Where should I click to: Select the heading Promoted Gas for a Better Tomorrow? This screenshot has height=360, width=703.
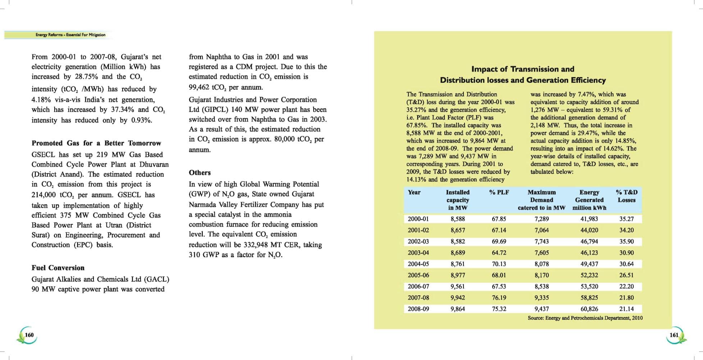[96, 143]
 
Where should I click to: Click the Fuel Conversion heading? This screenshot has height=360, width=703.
[58, 268]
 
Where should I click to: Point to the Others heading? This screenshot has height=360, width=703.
[200, 173]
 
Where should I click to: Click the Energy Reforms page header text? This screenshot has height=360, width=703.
[70, 35]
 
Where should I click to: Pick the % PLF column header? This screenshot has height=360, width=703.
[499, 192]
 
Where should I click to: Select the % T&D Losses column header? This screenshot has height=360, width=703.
[626, 196]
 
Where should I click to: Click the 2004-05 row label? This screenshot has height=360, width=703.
[418, 264]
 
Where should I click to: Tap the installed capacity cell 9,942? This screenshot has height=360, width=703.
[457, 298]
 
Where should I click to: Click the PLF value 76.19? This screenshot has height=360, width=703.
[499, 298]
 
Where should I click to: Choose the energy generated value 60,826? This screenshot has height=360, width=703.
[589, 309]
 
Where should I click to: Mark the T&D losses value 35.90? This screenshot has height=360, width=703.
[626, 242]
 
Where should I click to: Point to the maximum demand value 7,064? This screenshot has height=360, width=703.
[542, 230]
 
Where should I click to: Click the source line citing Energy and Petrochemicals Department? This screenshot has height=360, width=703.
[585, 318]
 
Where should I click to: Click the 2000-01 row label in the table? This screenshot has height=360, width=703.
[418, 219]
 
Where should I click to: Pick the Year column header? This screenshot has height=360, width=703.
[414, 192]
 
